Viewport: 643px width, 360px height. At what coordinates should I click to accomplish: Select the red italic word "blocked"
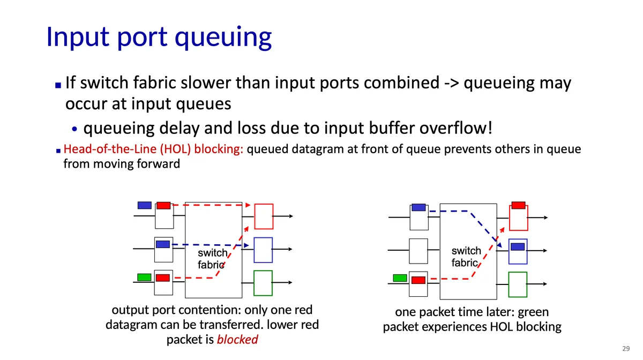[237, 340]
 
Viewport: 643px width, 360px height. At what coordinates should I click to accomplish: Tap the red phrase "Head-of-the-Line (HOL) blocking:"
[154, 149]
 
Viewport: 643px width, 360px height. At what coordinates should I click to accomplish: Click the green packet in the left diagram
[144, 277]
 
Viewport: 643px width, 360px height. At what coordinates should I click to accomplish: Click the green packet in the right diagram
[400, 277]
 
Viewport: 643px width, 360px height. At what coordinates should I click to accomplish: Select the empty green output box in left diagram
[263, 283]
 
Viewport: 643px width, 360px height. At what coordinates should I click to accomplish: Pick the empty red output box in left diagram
[264, 216]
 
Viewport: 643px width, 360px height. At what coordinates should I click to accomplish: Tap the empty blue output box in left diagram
[263, 250]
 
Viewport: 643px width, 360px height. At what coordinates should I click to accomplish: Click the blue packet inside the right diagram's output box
[518, 247]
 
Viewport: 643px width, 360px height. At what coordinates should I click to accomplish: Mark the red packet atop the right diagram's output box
[518, 205]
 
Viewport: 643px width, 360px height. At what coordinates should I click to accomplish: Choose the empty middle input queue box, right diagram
[418, 250]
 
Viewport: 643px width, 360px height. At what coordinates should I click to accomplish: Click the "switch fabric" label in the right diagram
[466, 257]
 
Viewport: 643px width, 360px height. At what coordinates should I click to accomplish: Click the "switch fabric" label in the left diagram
[212, 258]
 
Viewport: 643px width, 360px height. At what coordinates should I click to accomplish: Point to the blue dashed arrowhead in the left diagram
[246, 245]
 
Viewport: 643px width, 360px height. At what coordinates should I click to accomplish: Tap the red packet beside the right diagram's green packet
[418, 280]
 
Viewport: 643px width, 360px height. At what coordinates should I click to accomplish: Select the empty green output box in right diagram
[518, 284]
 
